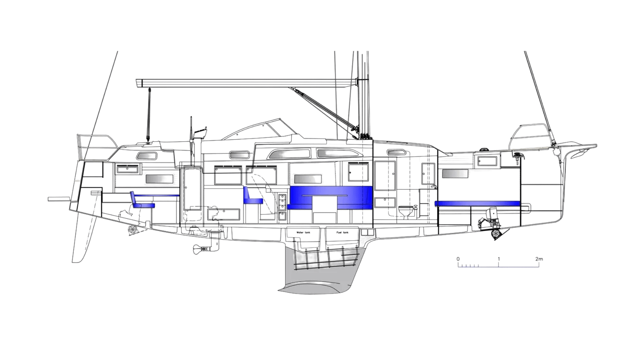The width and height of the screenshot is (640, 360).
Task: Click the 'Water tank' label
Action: click(303, 232)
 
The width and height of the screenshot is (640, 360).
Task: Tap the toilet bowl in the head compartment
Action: click(405, 212)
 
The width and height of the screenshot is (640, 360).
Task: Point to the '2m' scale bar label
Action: click(539, 259)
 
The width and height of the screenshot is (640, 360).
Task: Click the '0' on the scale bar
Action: click(458, 259)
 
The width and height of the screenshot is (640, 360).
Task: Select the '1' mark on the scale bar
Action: click(499, 259)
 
